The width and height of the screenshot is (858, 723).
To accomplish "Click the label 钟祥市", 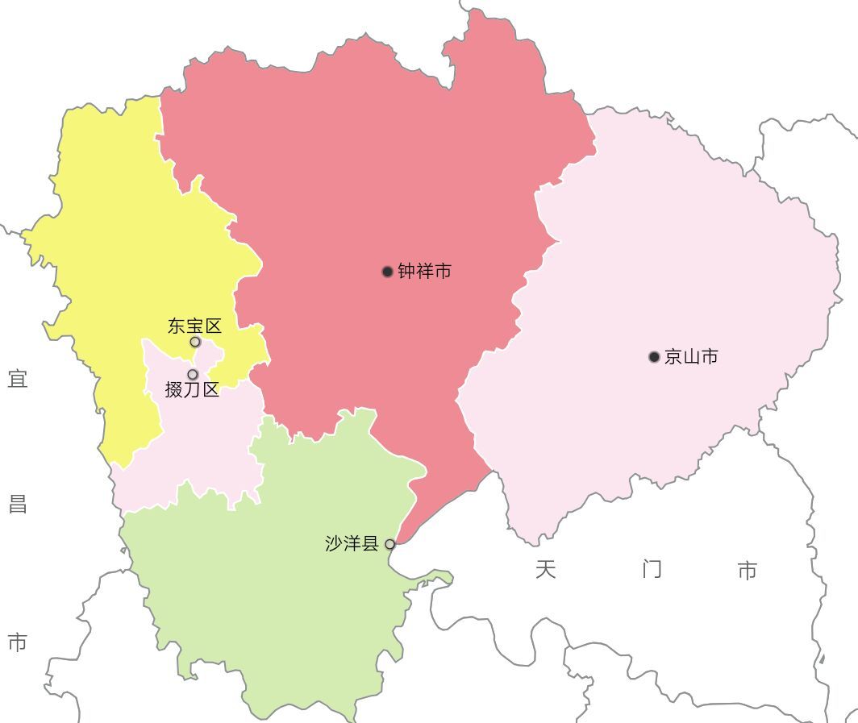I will click(424, 272).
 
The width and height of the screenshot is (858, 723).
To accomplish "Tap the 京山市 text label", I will click(691, 357).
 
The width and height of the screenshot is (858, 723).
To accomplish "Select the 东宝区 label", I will click(194, 326).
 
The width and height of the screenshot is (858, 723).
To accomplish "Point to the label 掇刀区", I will click(192, 390).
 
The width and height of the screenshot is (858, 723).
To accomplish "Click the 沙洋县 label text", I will click(352, 543).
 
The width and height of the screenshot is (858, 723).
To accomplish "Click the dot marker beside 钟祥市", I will click(387, 272).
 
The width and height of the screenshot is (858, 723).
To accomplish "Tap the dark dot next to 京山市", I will click(654, 357).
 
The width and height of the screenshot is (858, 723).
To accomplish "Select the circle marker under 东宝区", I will click(195, 342).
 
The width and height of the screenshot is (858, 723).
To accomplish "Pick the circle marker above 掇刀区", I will click(193, 375).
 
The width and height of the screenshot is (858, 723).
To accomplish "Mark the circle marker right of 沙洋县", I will click(389, 544).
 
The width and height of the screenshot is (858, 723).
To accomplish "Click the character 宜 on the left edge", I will click(18, 378).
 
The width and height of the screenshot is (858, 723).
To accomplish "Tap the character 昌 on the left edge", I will click(18, 505).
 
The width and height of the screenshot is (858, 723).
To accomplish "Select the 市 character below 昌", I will click(18, 642).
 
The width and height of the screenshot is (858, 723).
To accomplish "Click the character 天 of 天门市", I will click(546, 570).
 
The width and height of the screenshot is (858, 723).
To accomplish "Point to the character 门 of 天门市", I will click(652, 570).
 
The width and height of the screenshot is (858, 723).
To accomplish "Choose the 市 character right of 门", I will click(748, 571).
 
